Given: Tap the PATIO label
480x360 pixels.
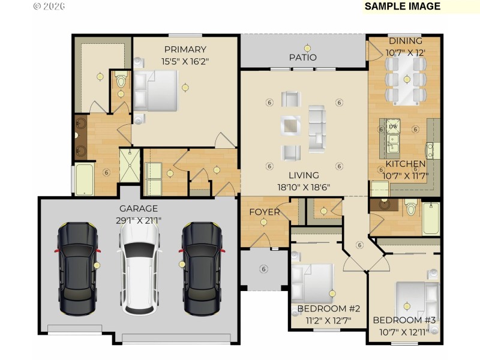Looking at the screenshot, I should coord(303,58).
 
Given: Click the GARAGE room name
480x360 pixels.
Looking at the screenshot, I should coord(138,209).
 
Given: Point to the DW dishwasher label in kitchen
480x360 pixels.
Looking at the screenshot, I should coord(393,127).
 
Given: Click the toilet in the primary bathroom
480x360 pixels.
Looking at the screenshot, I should coord(121,81).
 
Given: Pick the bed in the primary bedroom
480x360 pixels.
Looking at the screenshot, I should coord(157,90).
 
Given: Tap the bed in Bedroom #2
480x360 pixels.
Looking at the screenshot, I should coord(313,283).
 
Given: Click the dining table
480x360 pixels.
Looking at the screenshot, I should coord(407,79).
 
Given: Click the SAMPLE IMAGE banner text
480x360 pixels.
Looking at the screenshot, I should coord(402,7).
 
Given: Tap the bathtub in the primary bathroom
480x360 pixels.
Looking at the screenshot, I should coord(84,179).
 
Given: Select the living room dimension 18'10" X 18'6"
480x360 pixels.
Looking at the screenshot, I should coord(304,187).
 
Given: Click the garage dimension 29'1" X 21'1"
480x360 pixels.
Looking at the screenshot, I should coord(138,220).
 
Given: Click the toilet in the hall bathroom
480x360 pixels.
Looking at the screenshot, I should coord(411,208).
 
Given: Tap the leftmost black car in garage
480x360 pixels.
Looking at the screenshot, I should coord(78,269).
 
